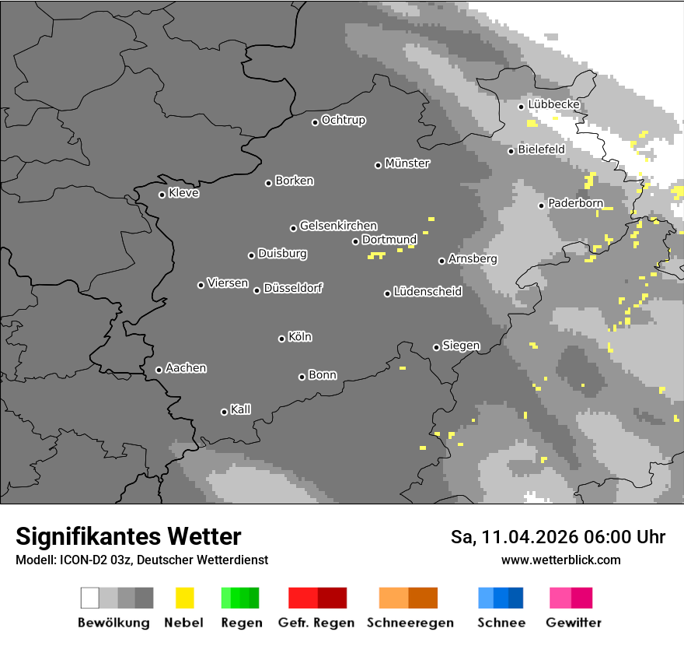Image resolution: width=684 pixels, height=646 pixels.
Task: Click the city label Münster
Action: pyautogui.click(x=407, y=163)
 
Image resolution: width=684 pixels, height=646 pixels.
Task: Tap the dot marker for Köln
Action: pyautogui.click(x=281, y=339)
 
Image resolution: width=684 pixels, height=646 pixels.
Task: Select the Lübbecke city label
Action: pyautogui.click(x=553, y=104)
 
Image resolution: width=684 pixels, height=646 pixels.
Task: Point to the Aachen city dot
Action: pyautogui.click(x=159, y=370)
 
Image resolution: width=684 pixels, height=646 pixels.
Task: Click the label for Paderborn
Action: pyautogui.click(x=575, y=203)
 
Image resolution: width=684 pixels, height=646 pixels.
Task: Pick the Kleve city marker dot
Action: pyautogui.click(x=162, y=195)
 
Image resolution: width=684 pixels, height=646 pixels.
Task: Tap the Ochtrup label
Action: pyautogui.click(x=344, y=120)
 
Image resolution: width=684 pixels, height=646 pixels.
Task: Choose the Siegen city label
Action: pyautogui.click(x=461, y=345)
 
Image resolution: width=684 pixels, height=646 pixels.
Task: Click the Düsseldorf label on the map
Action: pyautogui.click(x=293, y=288)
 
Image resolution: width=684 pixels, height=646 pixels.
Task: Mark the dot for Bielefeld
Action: pyautogui.click(x=511, y=151)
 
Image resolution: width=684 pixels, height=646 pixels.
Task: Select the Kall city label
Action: pyautogui.click(x=240, y=409)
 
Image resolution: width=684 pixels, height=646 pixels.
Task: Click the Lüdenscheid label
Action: pyautogui.click(x=427, y=291)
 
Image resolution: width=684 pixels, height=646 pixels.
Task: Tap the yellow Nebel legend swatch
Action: pyautogui.click(x=184, y=598)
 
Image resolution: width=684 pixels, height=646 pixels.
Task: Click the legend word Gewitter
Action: pyautogui.click(x=573, y=623)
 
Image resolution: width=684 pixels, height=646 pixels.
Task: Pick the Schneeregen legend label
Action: pyautogui.click(x=410, y=623)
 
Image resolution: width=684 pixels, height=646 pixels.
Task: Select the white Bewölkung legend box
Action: pyautogui.click(x=90, y=598)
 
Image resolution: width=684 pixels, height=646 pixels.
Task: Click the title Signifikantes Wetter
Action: pyautogui.click(x=128, y=536)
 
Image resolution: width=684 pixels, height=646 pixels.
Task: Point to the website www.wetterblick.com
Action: pyautogui.click(x=560, y=560)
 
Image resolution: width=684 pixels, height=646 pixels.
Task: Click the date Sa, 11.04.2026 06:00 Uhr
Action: pyautogui.click(x=557, y=537)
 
